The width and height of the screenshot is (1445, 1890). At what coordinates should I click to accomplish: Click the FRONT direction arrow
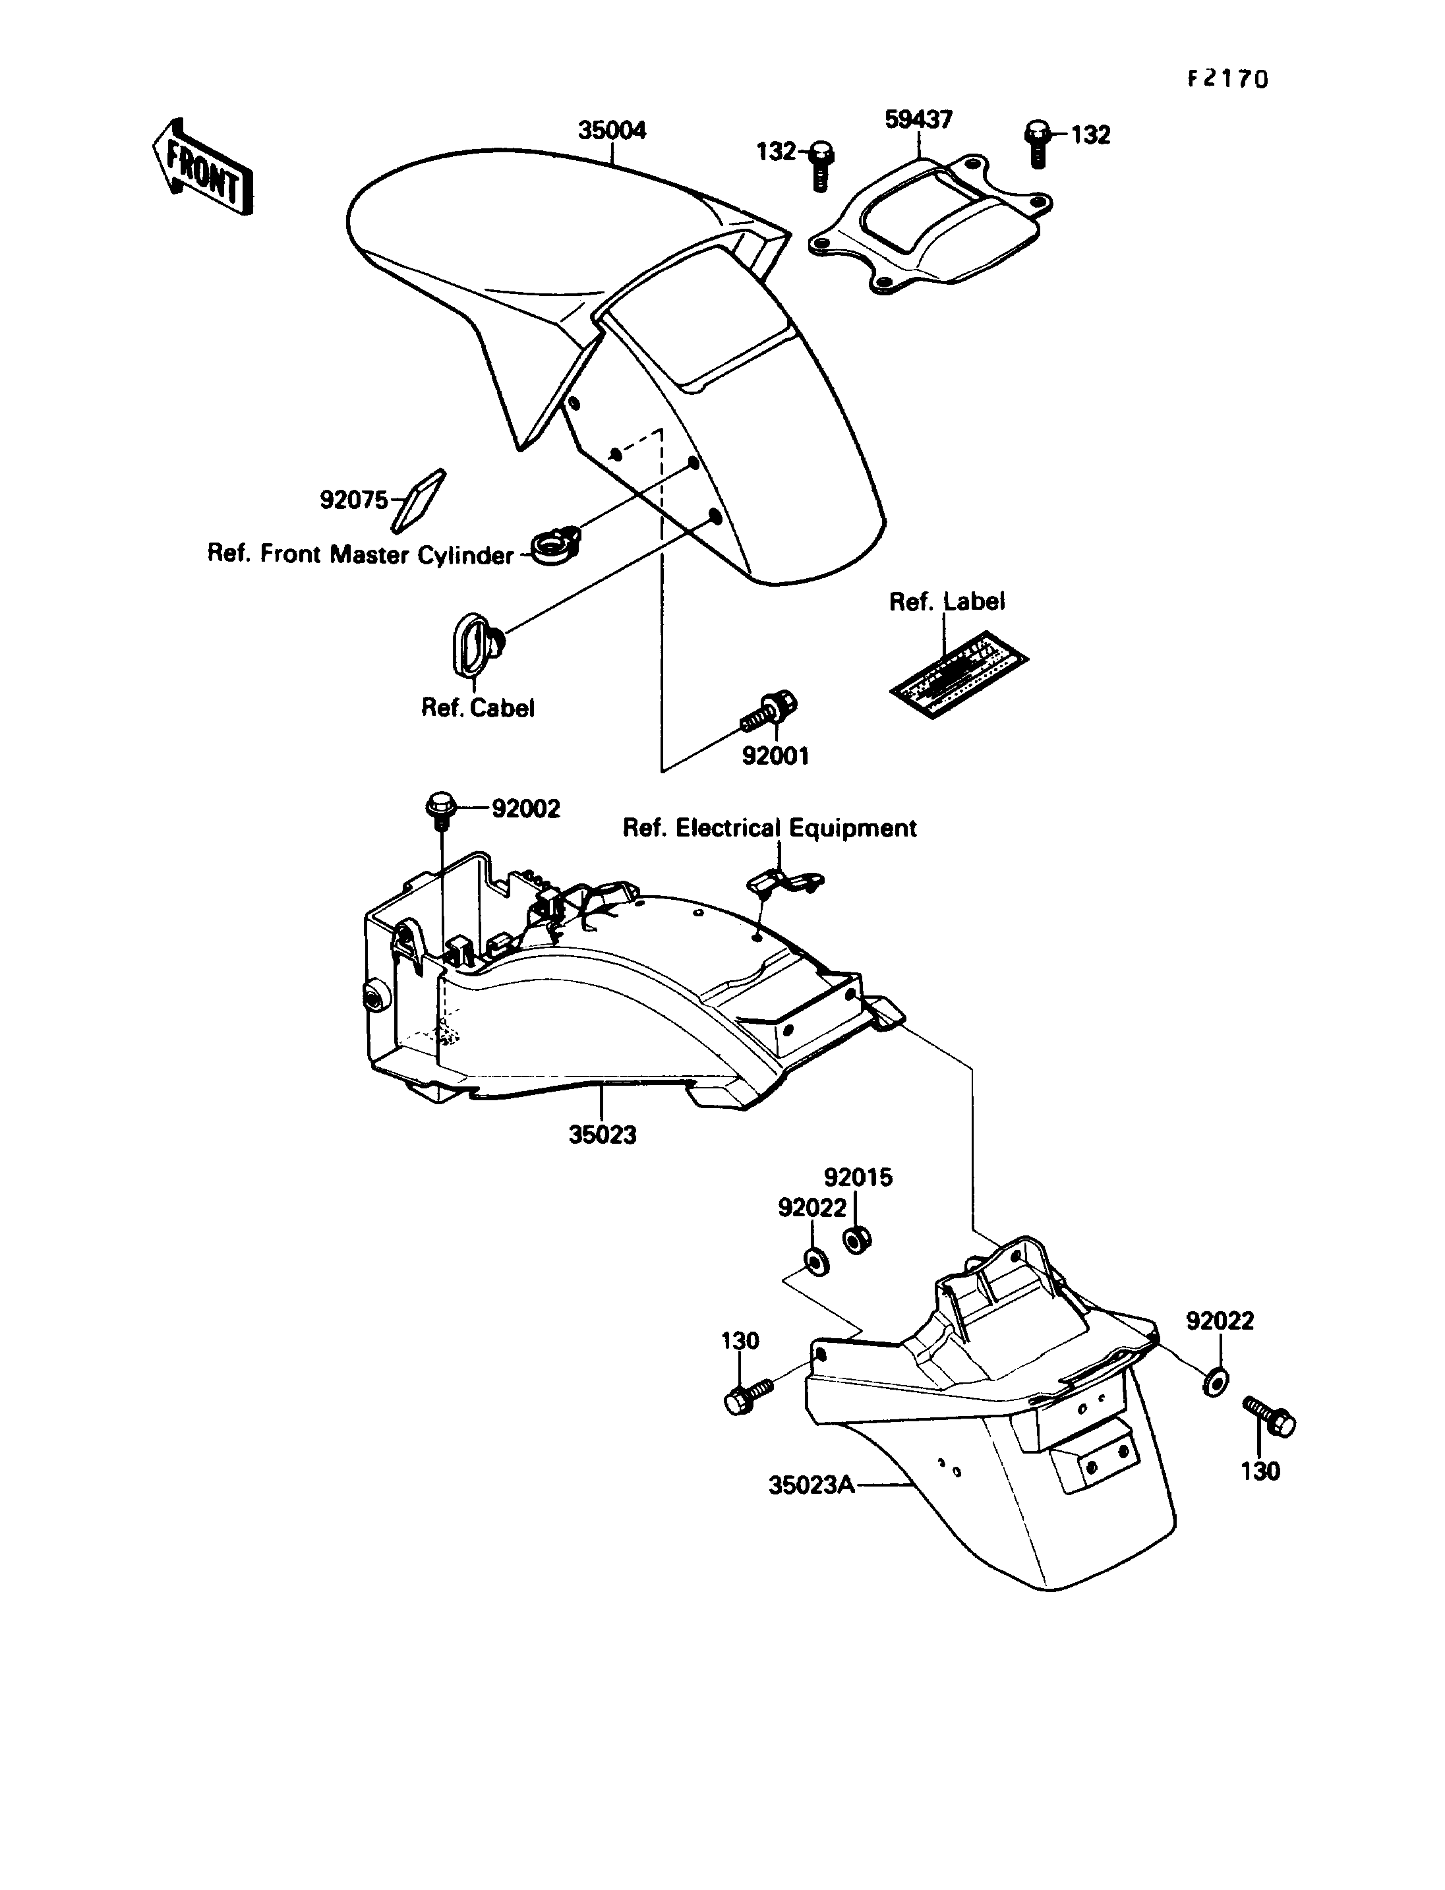[203, 167]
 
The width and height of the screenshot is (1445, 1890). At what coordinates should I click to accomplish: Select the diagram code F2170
[1227, 79]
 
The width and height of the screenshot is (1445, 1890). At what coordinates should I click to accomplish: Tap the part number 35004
[612, 131]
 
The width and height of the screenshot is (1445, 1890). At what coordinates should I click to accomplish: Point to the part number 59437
[918, 119]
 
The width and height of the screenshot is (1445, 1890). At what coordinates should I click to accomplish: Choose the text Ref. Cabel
[477, 708]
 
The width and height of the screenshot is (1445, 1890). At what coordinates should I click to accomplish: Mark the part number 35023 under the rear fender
[602, 1136]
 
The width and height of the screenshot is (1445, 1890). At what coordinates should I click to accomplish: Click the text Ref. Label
[946, 602]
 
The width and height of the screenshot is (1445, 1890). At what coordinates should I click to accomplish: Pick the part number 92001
[775, 756]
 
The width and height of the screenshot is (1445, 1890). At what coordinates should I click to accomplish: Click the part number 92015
[858, 1177]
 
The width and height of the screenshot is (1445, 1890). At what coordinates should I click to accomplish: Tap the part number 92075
[353, 500]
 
